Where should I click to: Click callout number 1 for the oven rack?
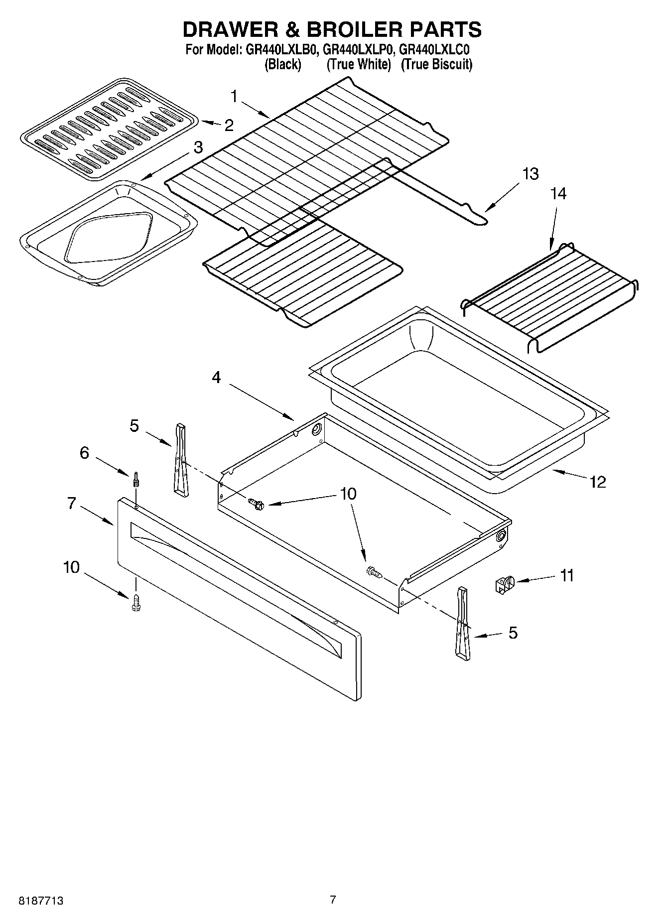(x=234, y=96)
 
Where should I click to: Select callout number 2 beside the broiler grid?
(x=229, y=125)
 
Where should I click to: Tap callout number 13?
(x=531, y=174)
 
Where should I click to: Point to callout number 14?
(x=558, y=193)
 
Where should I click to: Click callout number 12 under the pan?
(x=598, y=482)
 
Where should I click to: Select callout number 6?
(x=84, y=453)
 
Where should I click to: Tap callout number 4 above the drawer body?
(x=216, y=378)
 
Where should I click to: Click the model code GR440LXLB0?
(x=281, y=50)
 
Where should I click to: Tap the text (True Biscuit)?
(x=436, y=64)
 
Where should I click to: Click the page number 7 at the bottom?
(x=333, y=900)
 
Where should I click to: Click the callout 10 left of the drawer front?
(x=72, y=567)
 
